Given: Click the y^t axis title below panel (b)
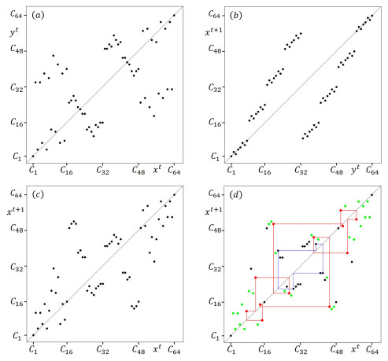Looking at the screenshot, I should click(354, 168).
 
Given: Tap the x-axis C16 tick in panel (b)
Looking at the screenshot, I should click(264, 169).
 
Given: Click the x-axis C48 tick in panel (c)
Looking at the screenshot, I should click(138, 347).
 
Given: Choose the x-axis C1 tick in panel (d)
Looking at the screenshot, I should click(230, 347).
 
